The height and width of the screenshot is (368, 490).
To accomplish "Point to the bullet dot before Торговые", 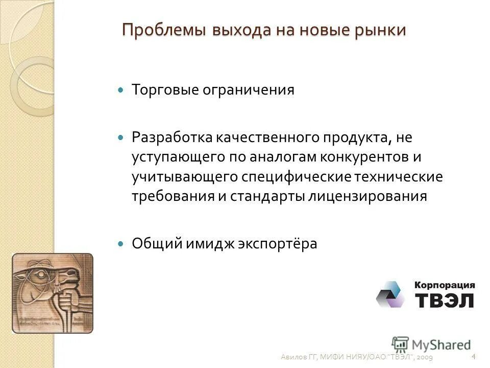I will point(121,89).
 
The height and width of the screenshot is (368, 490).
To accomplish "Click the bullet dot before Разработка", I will point(121,138).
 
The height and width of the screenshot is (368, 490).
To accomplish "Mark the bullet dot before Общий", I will point(121,244).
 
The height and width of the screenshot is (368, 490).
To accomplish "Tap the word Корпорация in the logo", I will point(445,285).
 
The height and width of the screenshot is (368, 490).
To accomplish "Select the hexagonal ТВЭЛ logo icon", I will point(390,294).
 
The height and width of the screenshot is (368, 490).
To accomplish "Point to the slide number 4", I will point(474,356).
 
